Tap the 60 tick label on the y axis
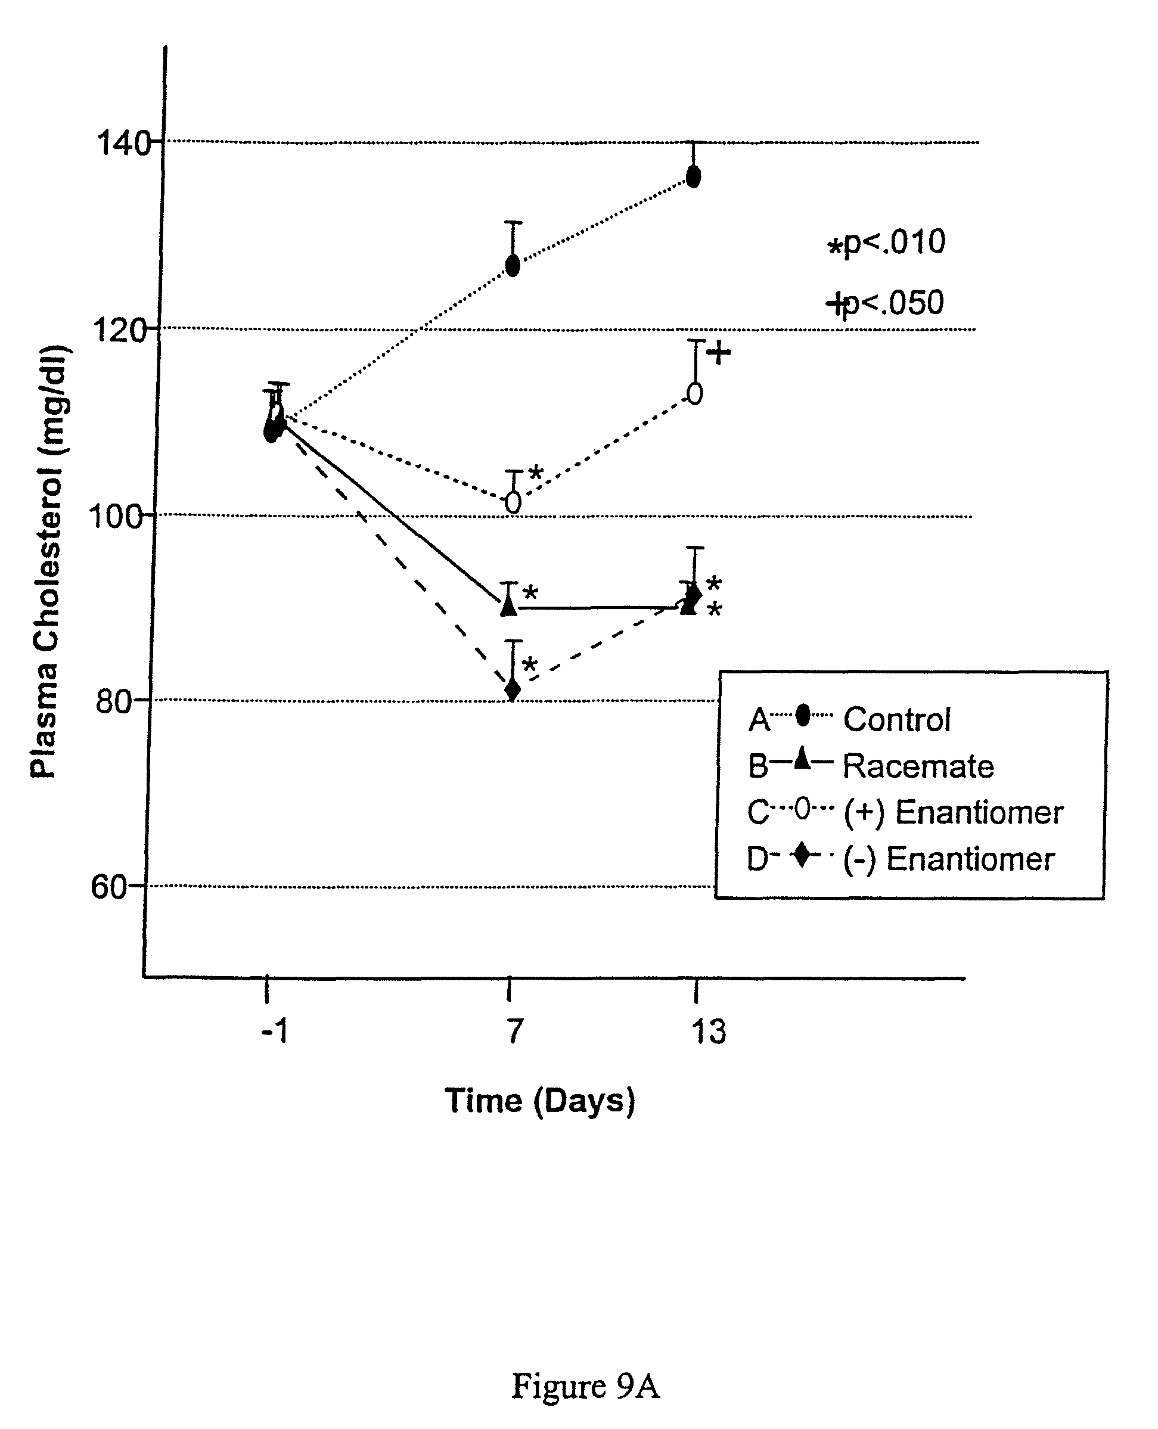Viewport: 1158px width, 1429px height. coord(108,887)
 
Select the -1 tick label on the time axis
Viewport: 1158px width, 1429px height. coord(274,1032)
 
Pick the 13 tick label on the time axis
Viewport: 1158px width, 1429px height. coord(708,1032)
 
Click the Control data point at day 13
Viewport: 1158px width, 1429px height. coord(694,177)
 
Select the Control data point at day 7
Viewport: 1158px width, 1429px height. coord(513,265)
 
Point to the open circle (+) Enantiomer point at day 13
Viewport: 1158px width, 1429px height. coord(694,393)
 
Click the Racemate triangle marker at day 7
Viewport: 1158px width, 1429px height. coord(509,605)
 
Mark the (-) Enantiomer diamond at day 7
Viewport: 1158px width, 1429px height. coord(513,689)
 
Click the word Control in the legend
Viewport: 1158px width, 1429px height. coord(896,719)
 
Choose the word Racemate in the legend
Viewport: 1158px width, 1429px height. coord(918,766)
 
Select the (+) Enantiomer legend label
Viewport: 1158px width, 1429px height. coord(952,812)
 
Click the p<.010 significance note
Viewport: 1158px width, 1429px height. coord(887,243)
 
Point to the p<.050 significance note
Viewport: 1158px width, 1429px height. coord(886,303)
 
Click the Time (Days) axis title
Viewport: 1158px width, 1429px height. coord(539,1100)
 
